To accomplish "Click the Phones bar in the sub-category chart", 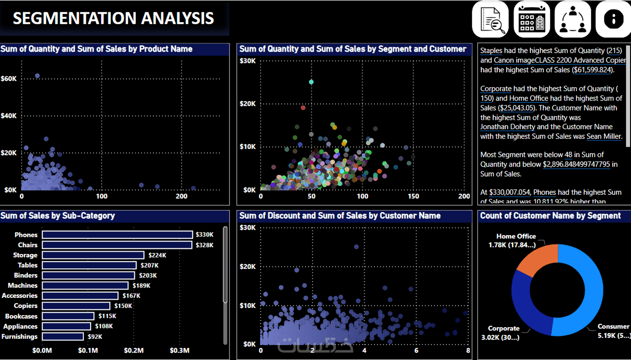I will pos(117,235).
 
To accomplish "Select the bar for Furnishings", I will pos(63,337).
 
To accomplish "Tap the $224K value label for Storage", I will pos(157,255).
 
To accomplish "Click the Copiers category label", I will pos(26,306).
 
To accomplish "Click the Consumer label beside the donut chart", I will pos(613,327).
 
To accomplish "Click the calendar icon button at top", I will pos(532,19).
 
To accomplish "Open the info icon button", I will pos(613,19).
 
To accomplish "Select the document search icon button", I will pos(490,19).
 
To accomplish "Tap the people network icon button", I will pos(573,19).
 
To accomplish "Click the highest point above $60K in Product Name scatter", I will pos(37,76).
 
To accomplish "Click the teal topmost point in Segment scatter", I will pos(311,82).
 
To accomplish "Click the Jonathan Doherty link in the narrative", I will pos(507,127).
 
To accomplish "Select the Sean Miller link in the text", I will pos(603,137).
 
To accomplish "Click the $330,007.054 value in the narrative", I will pos(509,192).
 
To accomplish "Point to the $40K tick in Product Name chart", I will pos(9,116).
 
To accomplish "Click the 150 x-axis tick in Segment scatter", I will pos(413,196).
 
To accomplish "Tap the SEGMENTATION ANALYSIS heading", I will pos(113,18).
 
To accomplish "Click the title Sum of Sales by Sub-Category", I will pos(58,216).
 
